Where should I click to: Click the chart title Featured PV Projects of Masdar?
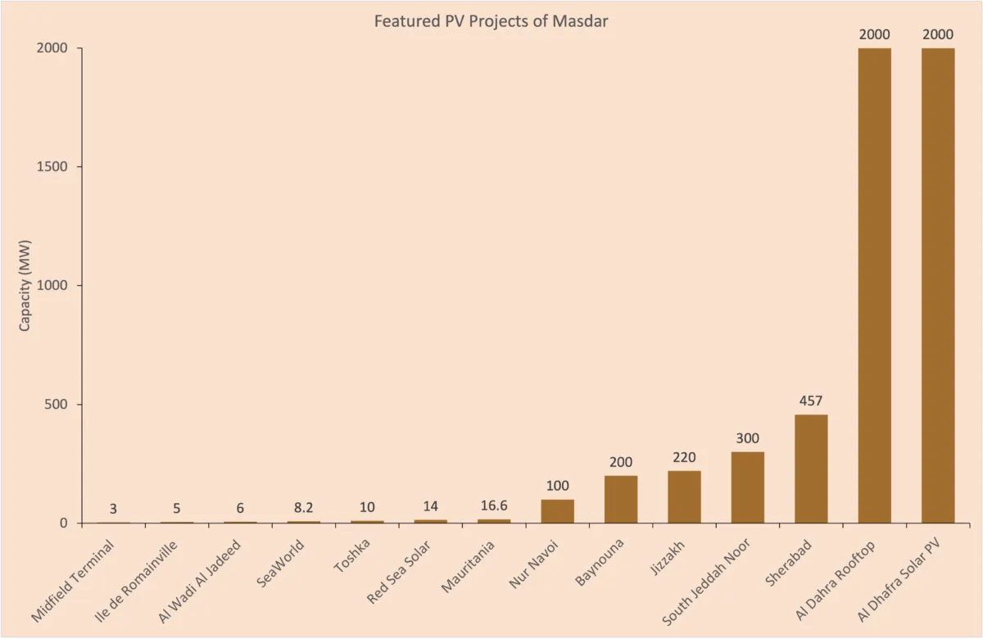click(491, 21)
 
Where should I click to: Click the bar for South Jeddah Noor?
click(747, 487)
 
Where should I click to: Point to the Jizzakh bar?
click(684, 496)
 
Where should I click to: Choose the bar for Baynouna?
click(621, 499)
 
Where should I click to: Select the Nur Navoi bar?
click(557, 511)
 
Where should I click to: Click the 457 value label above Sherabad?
click(811, 401)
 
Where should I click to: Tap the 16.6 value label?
click(494, 505)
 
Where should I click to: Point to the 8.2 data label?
click(304, 508)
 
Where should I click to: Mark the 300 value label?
click(747, 438)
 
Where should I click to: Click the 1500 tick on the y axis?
click(52, 167)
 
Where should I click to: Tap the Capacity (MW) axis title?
click(25, 286)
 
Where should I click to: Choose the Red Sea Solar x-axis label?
click(399, 571)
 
